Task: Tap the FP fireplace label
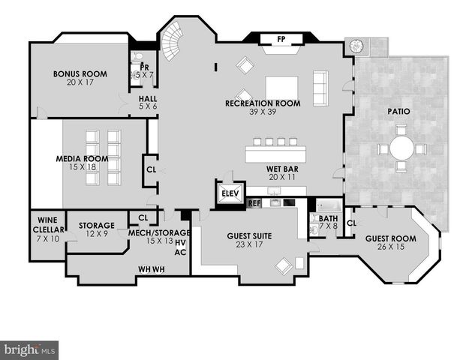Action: pos(281,39)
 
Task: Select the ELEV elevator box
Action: pos(229,193)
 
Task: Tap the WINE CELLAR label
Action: pos(47,224)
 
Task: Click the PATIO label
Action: pos(398,112)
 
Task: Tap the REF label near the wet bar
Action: pos(254,202)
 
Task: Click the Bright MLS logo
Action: pos(30,349)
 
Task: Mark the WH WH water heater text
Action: pos(151,268)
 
